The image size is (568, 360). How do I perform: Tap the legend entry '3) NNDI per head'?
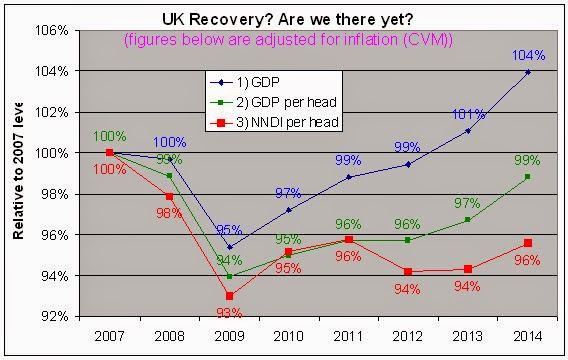click(283, 121)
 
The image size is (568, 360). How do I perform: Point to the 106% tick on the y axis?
click(49, 30)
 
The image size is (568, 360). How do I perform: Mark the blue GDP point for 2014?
click(528, 72)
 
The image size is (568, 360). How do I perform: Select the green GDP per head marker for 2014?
click(528, 177)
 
